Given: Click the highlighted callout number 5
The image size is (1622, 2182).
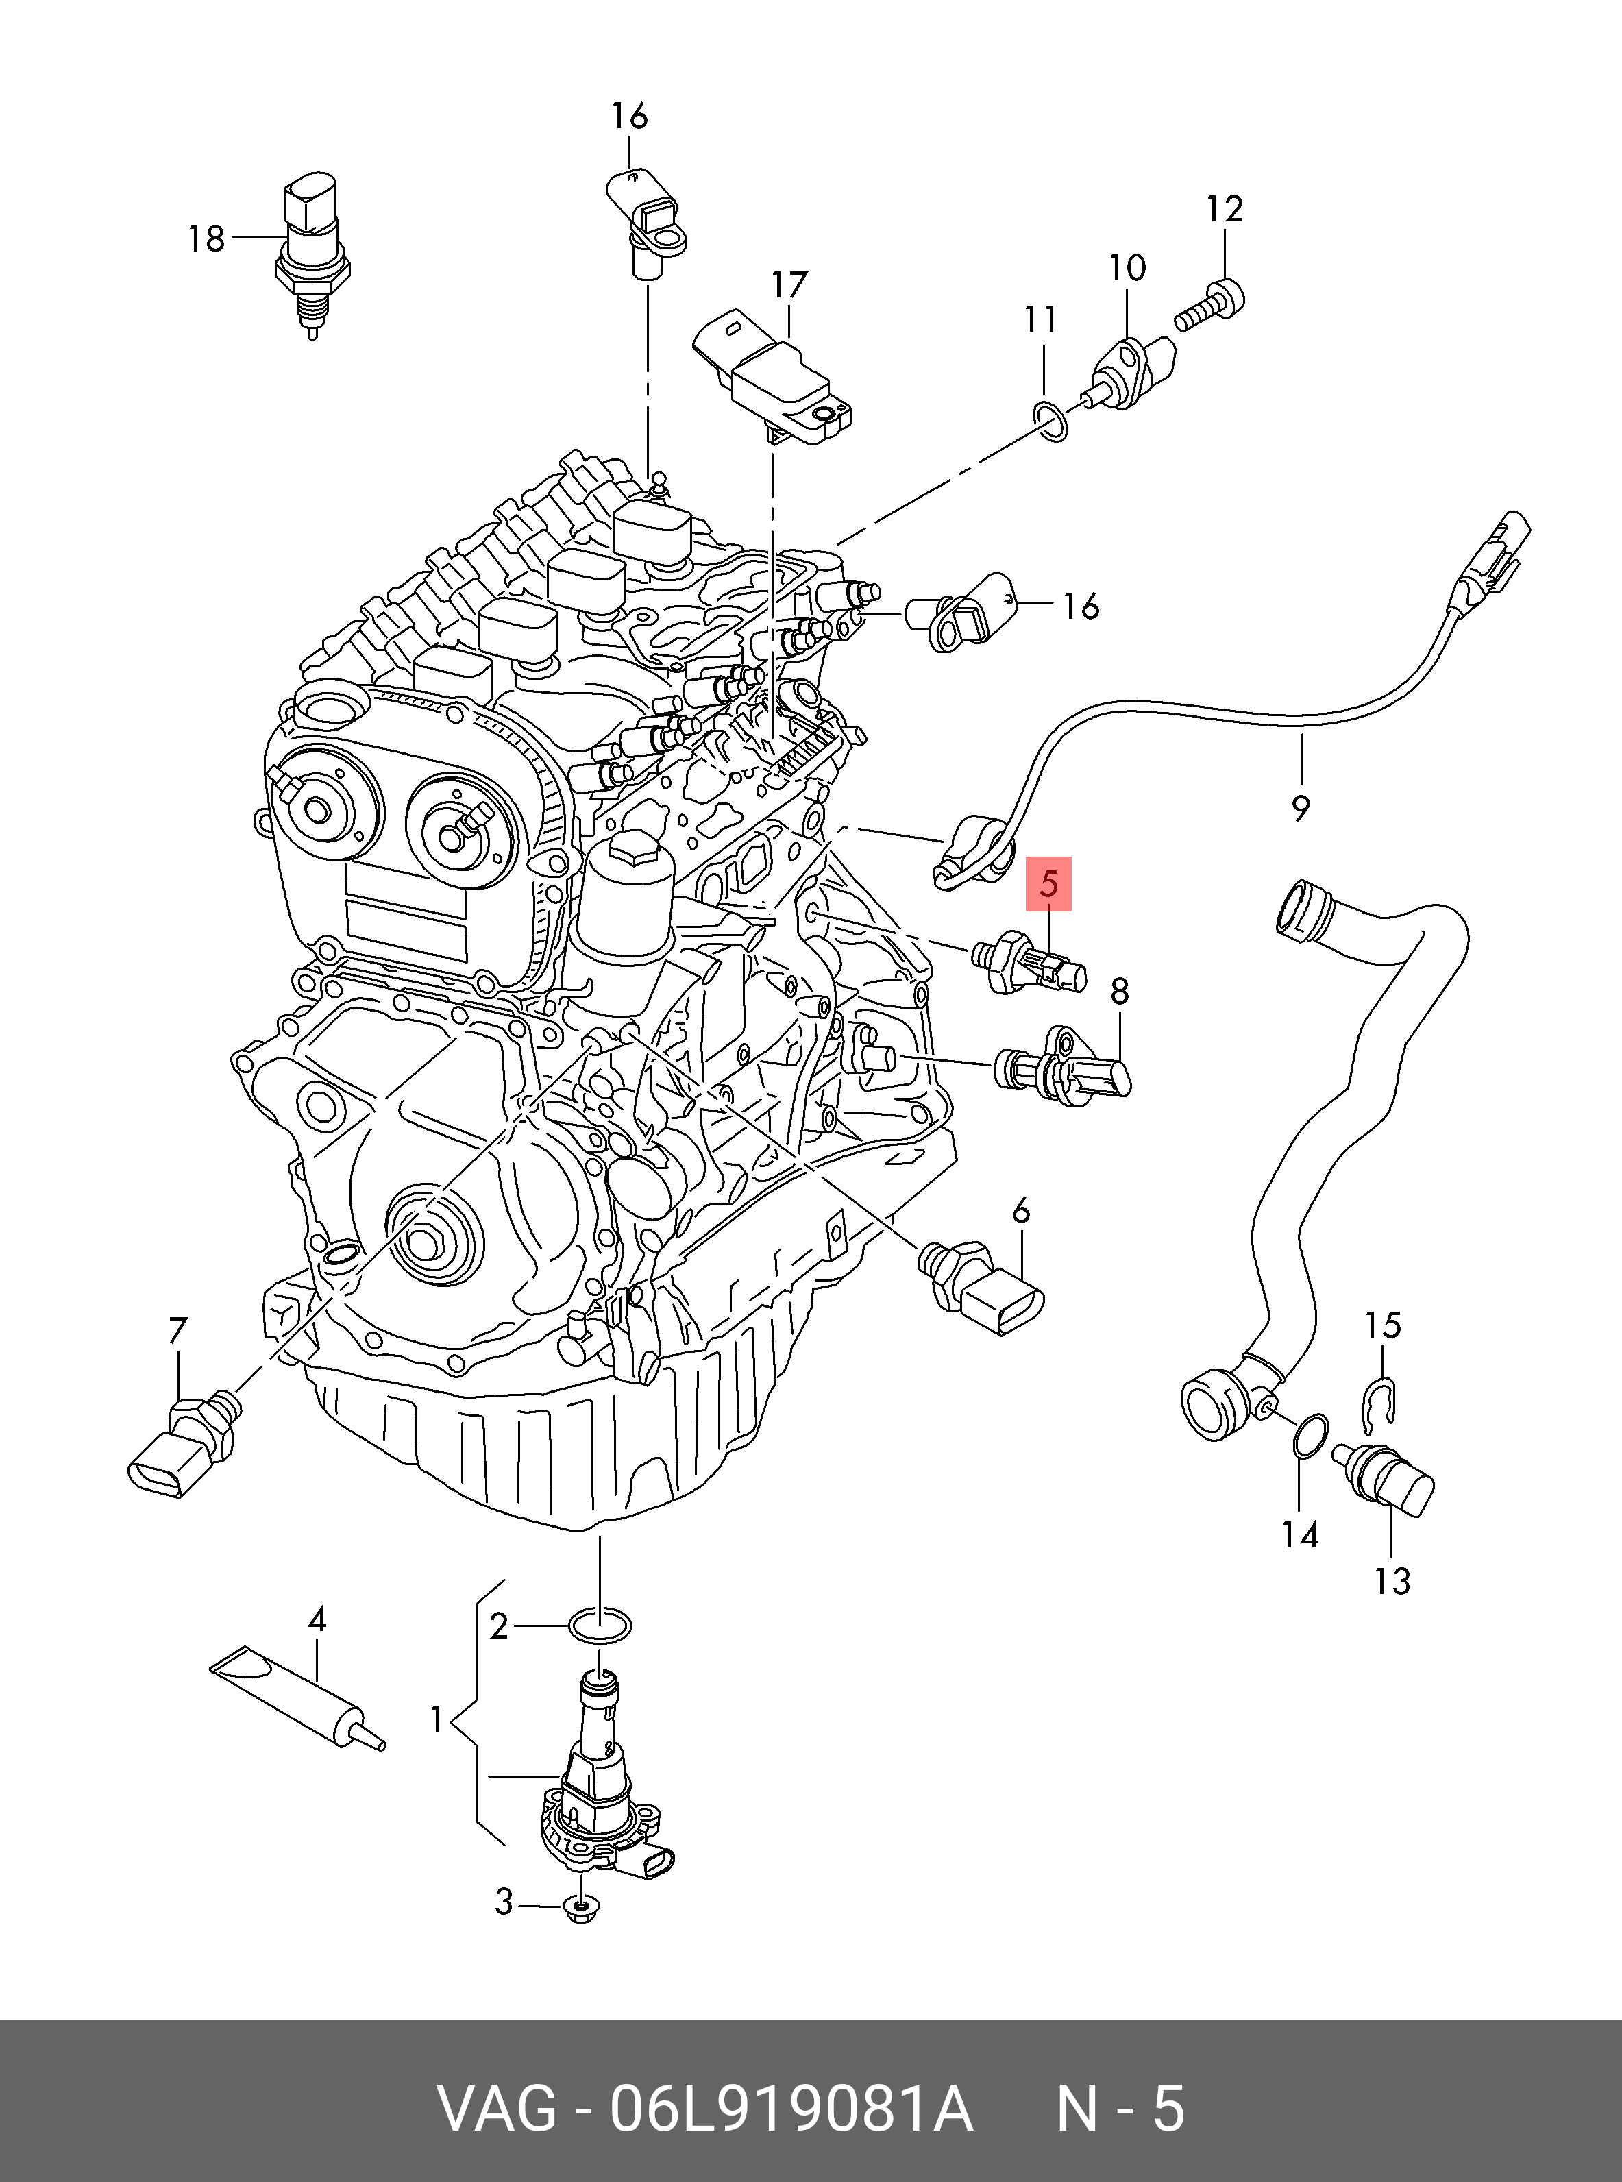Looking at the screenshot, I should click(x=1048, y=885).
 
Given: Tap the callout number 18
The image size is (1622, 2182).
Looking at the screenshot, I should click(x=207, y=238).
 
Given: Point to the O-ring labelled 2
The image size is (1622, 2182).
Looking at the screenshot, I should click(x=600, y=1626).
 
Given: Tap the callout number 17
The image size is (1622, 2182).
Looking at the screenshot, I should click(x=789, y=285).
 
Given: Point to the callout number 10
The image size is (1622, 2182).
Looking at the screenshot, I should click(x=1127, y=267).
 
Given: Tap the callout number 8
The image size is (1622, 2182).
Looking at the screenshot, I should click(x=1119, y=992).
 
